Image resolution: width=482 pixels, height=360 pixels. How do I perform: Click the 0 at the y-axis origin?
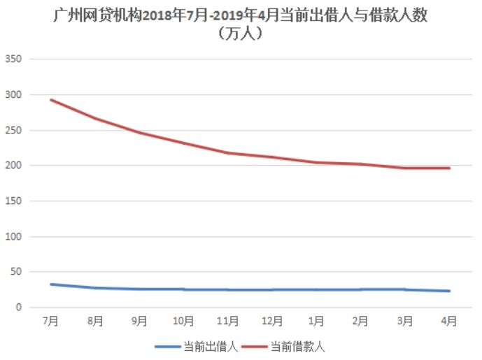(20, 308)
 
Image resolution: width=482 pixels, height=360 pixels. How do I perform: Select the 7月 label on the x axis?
(50, 322)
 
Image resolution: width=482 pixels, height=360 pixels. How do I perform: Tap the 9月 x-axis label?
(139, 322)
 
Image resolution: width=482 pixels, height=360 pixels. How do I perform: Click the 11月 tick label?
(227, 322)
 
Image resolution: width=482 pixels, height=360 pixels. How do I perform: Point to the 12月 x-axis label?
(271, 322)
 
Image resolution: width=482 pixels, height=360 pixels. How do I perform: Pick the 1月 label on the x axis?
(316, 322)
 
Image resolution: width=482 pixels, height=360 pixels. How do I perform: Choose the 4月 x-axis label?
(449, 322)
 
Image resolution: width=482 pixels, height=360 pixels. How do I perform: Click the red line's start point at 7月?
(51, 99)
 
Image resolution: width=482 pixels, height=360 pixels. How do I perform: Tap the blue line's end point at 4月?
(449, 291)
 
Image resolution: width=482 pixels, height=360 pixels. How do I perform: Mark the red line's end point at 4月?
(449, 168)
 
